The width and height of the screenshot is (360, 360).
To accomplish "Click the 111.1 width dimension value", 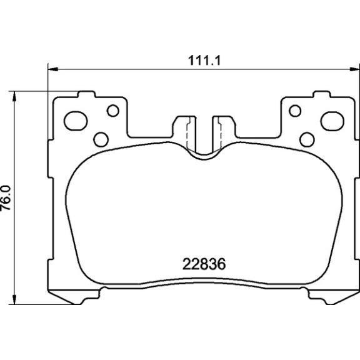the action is click(204, 61).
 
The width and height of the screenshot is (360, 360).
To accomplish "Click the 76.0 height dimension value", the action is click(6, 198).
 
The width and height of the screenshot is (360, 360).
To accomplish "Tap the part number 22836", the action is click(204, 264).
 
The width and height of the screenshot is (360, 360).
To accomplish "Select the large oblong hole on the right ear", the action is click(332, 121).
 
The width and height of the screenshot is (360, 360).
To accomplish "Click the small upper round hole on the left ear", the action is click(113, 111).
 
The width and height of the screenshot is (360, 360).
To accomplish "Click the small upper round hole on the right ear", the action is click(295, 111).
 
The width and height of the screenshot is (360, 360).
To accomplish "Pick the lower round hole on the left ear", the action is click(101, 139).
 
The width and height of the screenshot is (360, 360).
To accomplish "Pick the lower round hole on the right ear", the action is click(307, 139).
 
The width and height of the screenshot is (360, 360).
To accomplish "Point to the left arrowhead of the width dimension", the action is click(52, 69).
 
